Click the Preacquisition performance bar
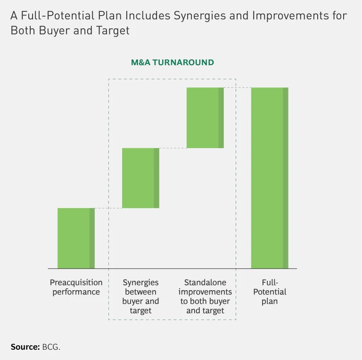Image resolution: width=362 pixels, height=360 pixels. [x=76, y=238]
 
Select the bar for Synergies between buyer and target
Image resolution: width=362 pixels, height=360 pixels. [x=140, y=178]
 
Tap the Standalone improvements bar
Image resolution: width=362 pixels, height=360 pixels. [x=205, y=118]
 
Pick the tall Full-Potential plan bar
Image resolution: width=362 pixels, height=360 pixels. [x=269, y=178]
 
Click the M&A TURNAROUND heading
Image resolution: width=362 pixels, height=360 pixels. [x=173, y=62]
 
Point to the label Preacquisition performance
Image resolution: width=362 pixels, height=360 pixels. [x=76, y=287]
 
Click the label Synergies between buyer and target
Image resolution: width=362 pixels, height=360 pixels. [x=140, y=296]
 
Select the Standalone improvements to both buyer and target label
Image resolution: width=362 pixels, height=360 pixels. [x=205, y=296]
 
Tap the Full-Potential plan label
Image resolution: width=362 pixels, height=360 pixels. [x=270, y=292]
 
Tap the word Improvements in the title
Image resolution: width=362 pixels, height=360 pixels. [x=286, y=16]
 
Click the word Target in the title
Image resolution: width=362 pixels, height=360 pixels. [x=114, y=31]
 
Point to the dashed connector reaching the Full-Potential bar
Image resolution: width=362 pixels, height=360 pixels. [x=237, y=88]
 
